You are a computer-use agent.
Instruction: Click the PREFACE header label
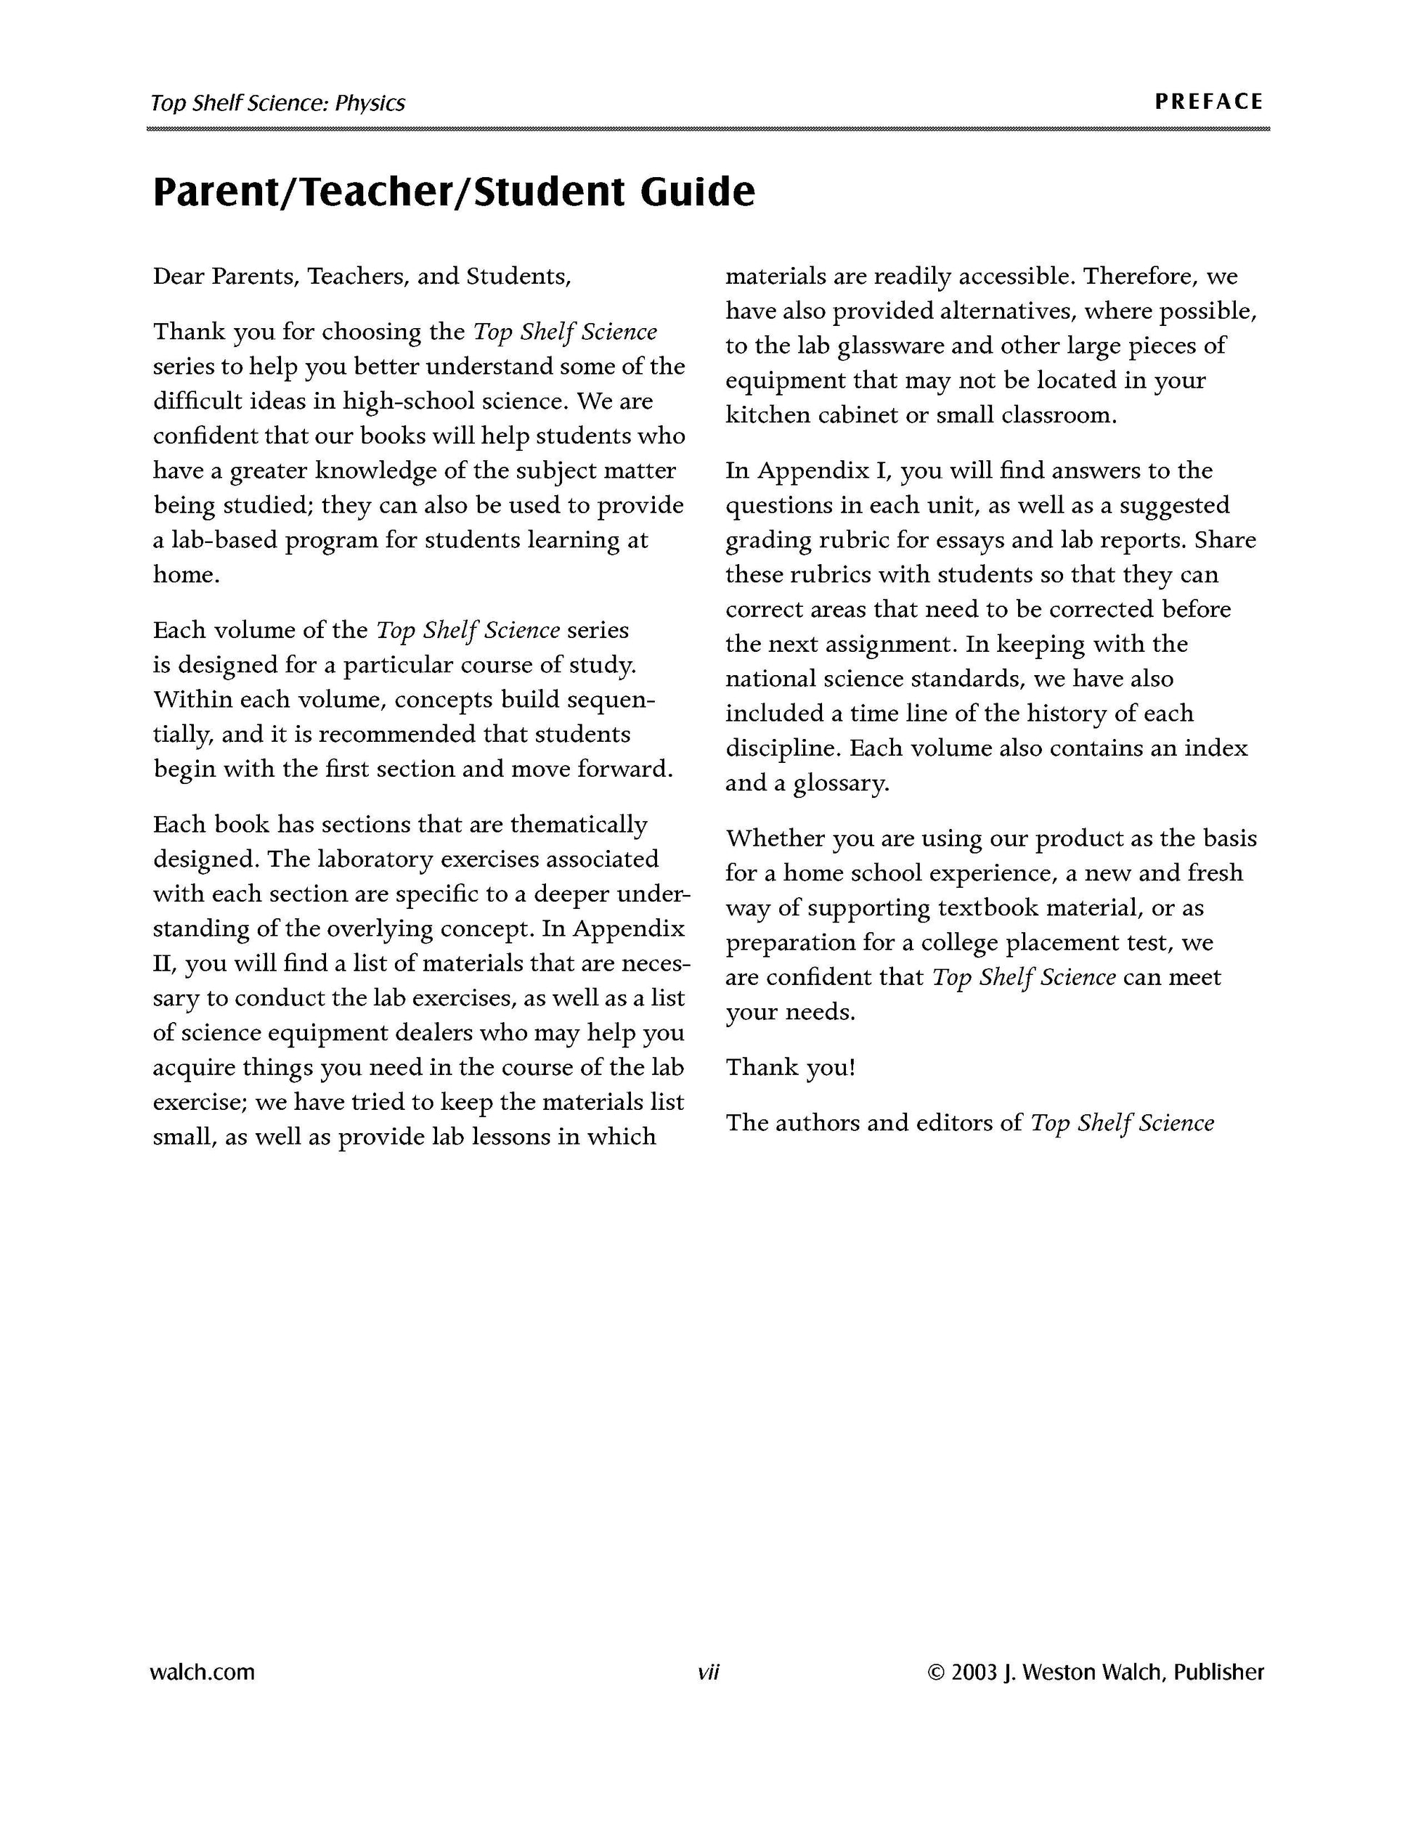coord(1208,102)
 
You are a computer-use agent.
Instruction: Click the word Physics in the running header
coord(370,103)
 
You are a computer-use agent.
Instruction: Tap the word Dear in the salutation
coord(179,277)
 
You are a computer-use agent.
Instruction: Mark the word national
coord(771,679)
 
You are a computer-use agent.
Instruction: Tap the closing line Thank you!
coord(789,1068)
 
